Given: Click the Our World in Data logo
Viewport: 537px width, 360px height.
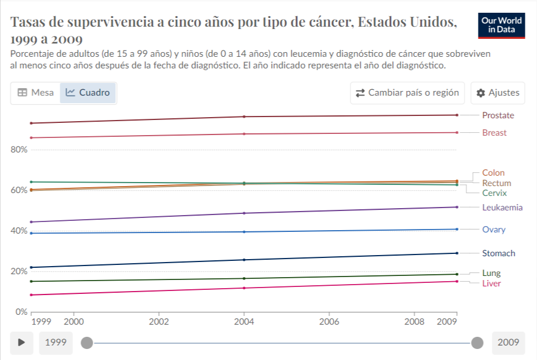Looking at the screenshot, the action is [x=502, y=26].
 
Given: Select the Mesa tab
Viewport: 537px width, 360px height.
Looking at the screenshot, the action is [x=35, y=93].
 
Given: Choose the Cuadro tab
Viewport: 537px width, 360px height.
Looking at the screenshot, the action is [x=87, y=93].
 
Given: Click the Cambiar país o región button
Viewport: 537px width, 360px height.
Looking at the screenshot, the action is [x=407, y=93].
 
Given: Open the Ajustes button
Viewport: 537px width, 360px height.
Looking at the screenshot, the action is [x=498, y=93].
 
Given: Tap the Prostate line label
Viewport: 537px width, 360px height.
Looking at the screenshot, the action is [x=498, y=115].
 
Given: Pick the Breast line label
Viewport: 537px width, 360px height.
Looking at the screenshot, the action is [x=494, y=133].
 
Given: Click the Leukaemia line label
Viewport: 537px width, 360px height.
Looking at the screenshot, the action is [x=502, y=208].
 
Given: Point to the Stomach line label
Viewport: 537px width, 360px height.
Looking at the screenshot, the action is [x=499, y=253].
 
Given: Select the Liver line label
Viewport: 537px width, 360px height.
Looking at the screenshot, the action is [x=491, y=283].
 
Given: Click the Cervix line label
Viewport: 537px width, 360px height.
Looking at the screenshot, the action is [x=495, y=193].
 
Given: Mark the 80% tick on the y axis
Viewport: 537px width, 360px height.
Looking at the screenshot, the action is [x=19, y=150].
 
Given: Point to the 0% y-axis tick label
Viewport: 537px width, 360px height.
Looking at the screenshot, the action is [x=21, y=312].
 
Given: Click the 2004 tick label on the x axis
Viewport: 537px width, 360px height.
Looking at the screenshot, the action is [x=244, y=322].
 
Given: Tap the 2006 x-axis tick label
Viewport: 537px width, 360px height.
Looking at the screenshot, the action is [x=329, y=322].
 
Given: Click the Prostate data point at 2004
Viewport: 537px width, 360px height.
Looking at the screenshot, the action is [x=244, y=117].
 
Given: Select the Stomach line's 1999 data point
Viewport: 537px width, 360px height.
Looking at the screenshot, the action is [x=31, y=267].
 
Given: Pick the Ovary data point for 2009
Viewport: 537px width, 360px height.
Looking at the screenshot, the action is [x=457, y=229].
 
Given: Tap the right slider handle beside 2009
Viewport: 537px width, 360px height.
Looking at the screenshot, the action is [x=477, y=343].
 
